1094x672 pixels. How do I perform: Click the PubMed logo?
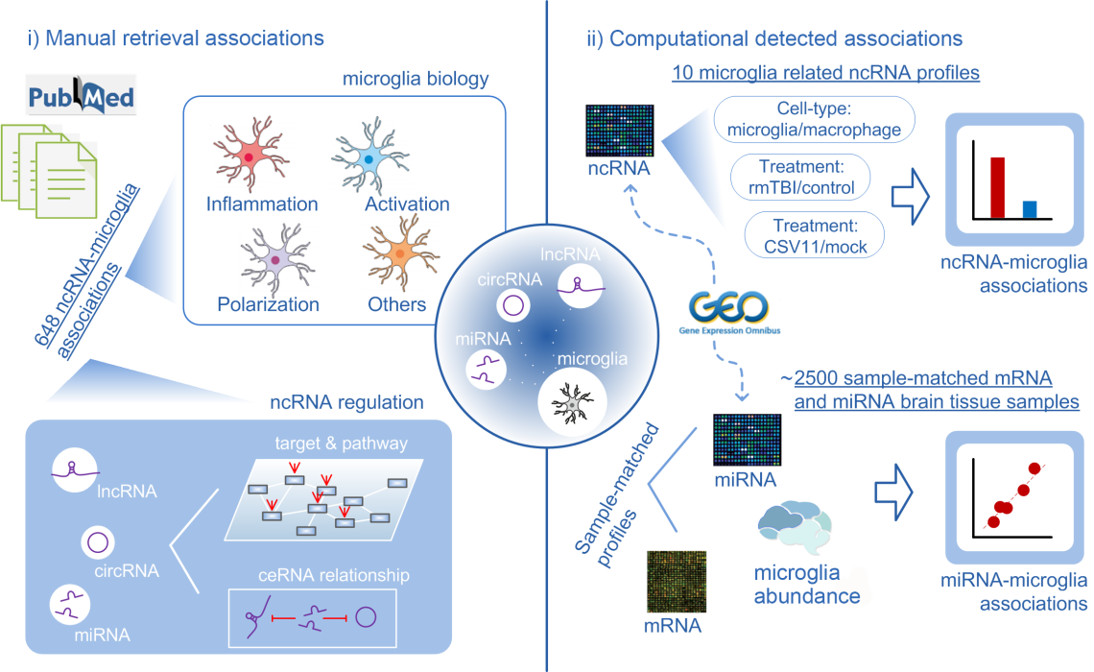coord(81,98)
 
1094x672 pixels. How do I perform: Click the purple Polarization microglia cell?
coord(275,259)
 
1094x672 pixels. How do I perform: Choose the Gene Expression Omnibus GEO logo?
coord(729,311)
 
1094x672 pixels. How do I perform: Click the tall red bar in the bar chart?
coord(997,188)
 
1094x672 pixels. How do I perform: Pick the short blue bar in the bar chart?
coord(1030,210)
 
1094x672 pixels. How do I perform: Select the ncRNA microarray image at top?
coord(620,131)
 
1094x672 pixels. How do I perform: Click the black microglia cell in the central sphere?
coord(572,403)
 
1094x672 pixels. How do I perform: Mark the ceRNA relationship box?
coord(313,617)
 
